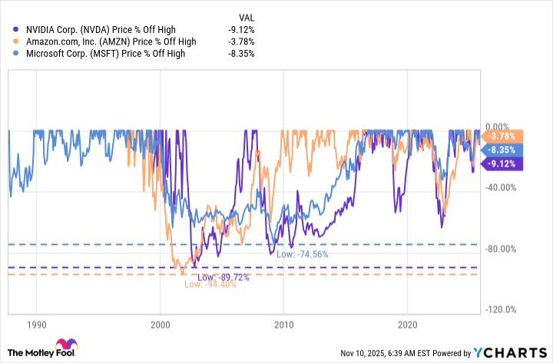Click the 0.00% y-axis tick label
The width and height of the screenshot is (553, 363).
click(x=498, y=127)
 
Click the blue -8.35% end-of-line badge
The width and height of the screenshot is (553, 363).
click(x=503, y=150)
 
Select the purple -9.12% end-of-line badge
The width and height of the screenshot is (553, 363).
click(x=503, y=163)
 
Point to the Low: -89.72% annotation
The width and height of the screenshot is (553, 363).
click(x=224, y=277)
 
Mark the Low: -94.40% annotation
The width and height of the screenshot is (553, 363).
click(x=210, y=285)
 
